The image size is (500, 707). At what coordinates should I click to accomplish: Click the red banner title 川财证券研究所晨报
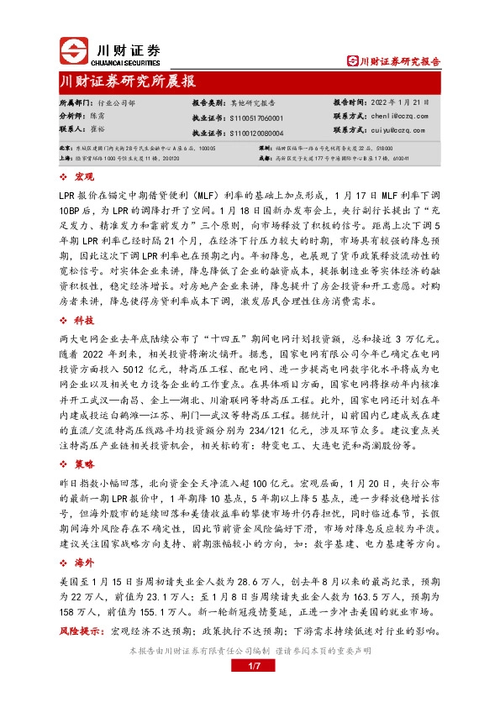coord(129,81)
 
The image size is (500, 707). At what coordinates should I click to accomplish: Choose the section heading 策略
coord(84,463)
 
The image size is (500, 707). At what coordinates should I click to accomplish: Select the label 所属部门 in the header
coord(75,101)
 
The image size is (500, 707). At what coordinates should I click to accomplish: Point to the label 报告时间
coord(348,101)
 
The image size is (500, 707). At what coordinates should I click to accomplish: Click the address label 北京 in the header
coord(65,147)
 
